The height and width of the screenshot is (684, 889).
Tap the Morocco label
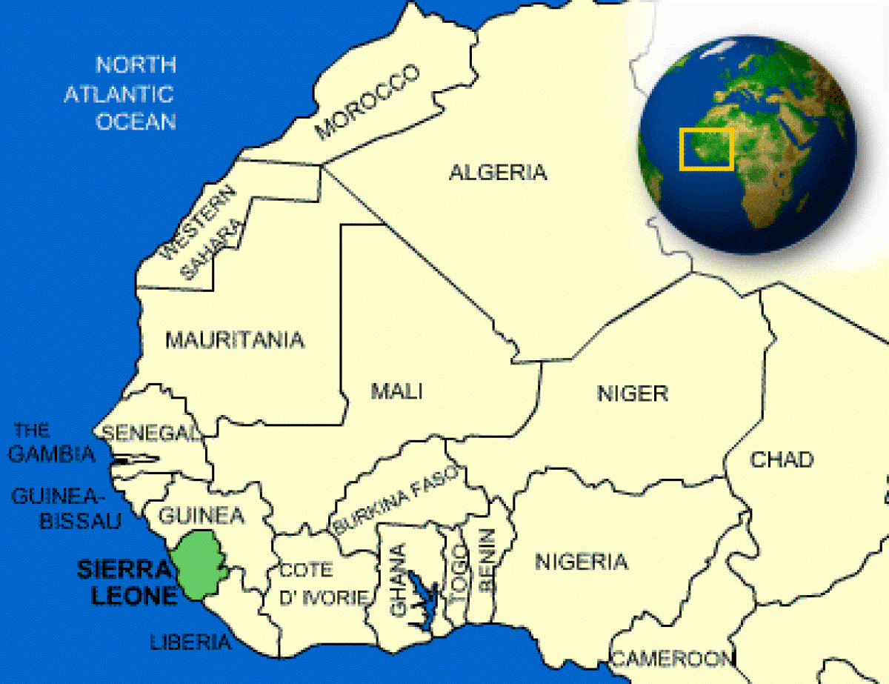coord(367,102)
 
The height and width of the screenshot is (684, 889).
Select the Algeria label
coord(498,173)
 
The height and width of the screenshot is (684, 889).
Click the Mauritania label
coord(234,340)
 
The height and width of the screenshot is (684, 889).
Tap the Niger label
coord(632,393)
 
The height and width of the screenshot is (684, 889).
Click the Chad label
coord(782,459)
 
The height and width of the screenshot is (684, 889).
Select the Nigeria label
coord(581,562)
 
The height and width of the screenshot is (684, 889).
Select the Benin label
coord(486,560)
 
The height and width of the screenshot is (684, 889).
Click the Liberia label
coord(190,642)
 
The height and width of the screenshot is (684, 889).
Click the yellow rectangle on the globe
coord(707,148)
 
